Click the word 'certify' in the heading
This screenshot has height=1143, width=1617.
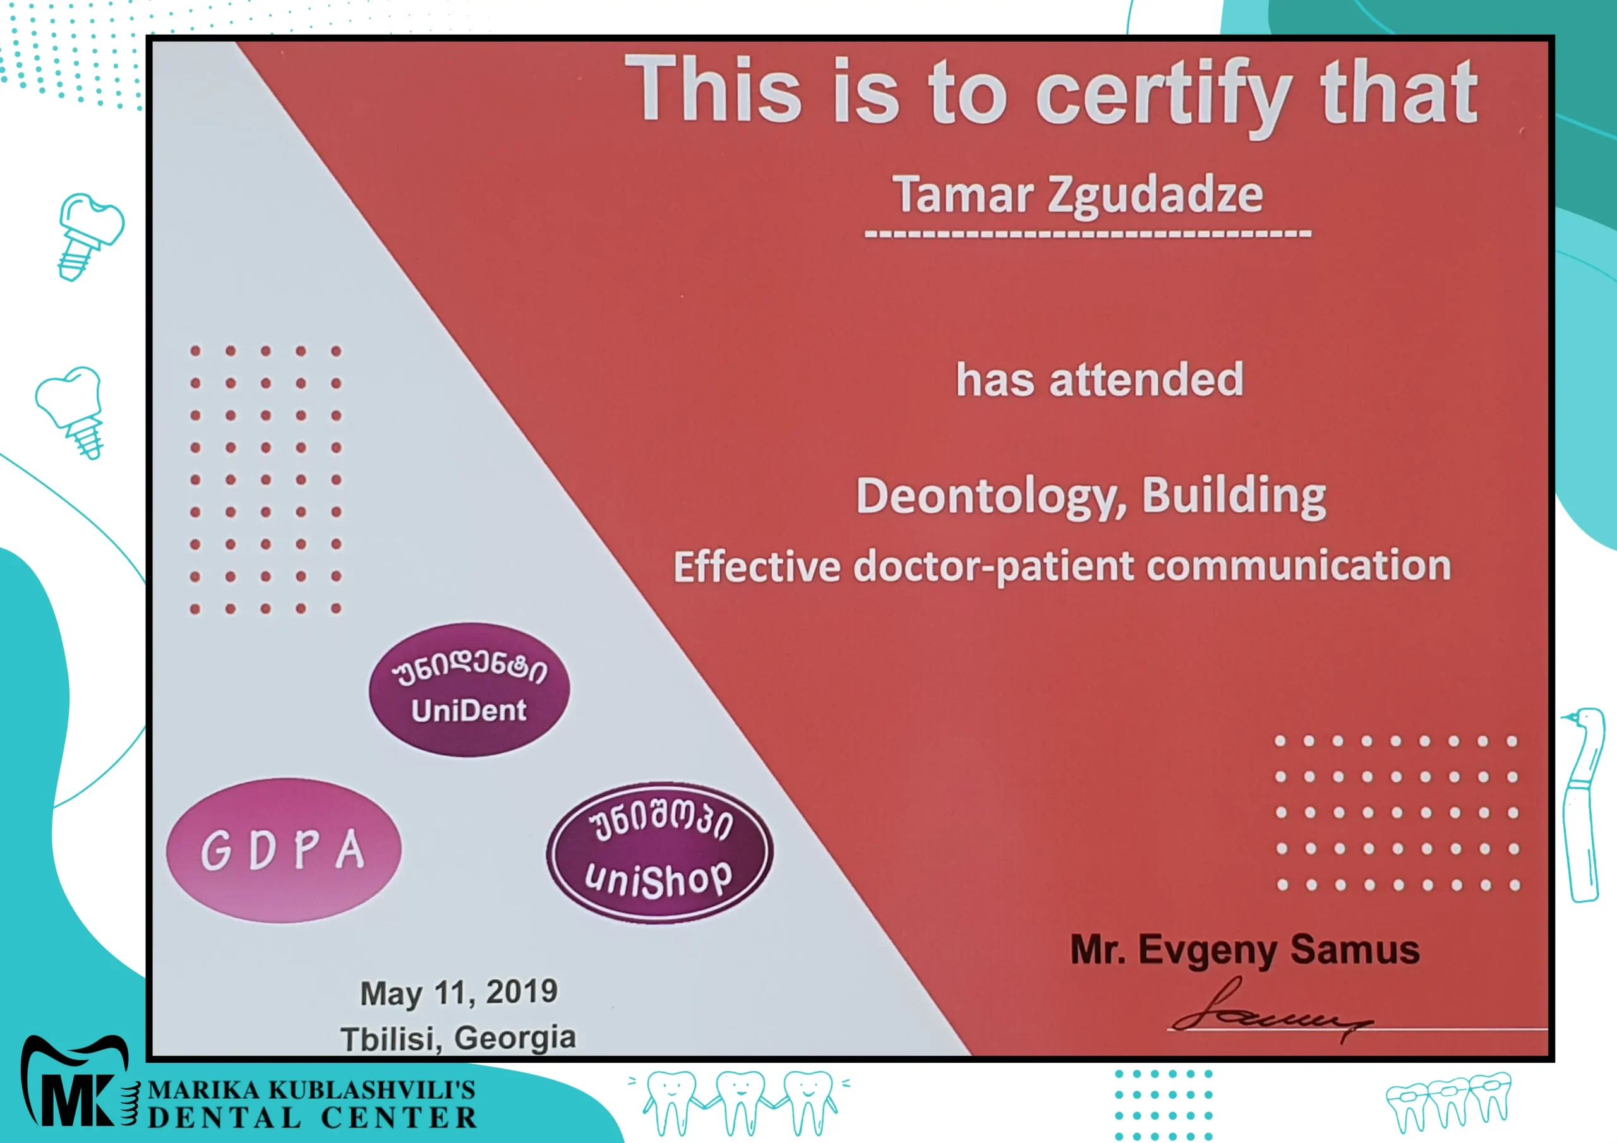1163,96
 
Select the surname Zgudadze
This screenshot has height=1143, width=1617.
1156,196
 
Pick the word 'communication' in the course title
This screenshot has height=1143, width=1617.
1299,566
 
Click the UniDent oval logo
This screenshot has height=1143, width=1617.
470,690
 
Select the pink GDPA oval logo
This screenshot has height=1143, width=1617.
284,850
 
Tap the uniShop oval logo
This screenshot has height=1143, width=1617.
659,853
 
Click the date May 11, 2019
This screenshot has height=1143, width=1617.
459,992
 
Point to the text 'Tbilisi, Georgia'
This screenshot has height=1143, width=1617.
458,1038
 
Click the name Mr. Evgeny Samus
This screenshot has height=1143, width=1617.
1244,950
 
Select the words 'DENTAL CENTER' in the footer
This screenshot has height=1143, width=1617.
312,1118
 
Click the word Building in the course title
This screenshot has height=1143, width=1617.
1234,496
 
